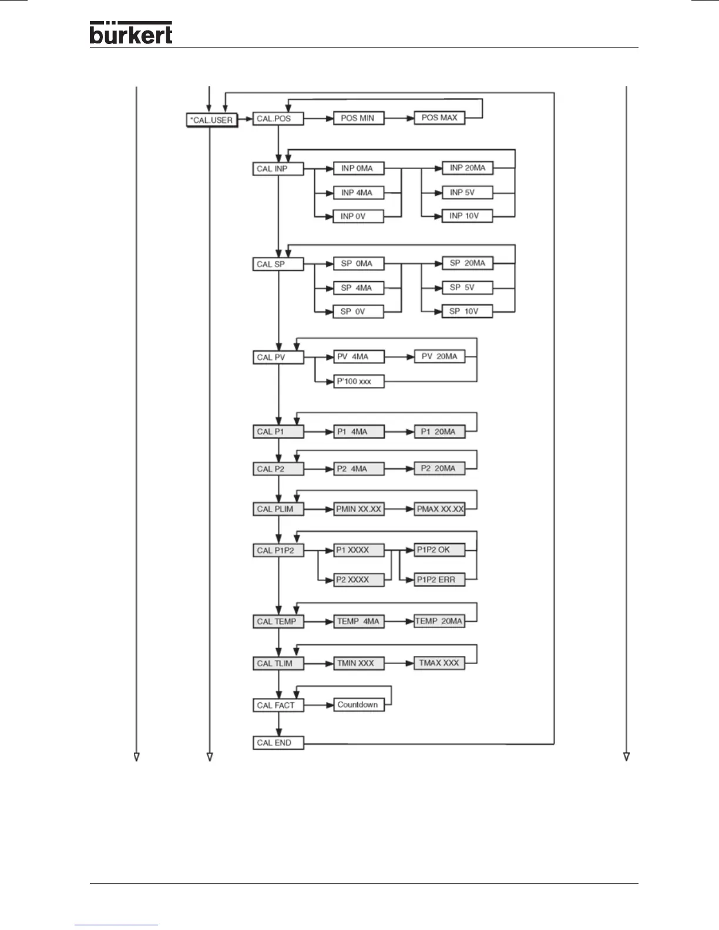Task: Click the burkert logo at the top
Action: (x=130, y=33)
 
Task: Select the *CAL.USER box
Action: (x=212, y=120)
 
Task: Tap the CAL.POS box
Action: (x=278, y=119)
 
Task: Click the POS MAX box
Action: (x=439, y=118)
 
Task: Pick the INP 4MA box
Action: (x=358, y=193)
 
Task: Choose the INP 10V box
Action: (x=466, y=216)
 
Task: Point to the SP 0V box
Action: (x=358, y=312)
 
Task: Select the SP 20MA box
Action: (x=466, y=264)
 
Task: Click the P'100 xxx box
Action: (x=358, y=382)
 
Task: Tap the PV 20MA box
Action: (x=439, y=356)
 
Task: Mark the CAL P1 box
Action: (x=278, y=432)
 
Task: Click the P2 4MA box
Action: (x=358, y=469)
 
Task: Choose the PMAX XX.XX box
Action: (x=439, y=509)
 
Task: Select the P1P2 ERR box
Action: (x=439, y=580)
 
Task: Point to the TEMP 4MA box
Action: (x=358, y=622)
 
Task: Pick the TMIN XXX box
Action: (x=358, y=663)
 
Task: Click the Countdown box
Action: (x=358, y=705)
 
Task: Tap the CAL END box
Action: (x=278, y=743)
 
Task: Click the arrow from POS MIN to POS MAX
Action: (x=399, y=119)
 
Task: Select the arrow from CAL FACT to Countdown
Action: (x=318, y=705)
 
